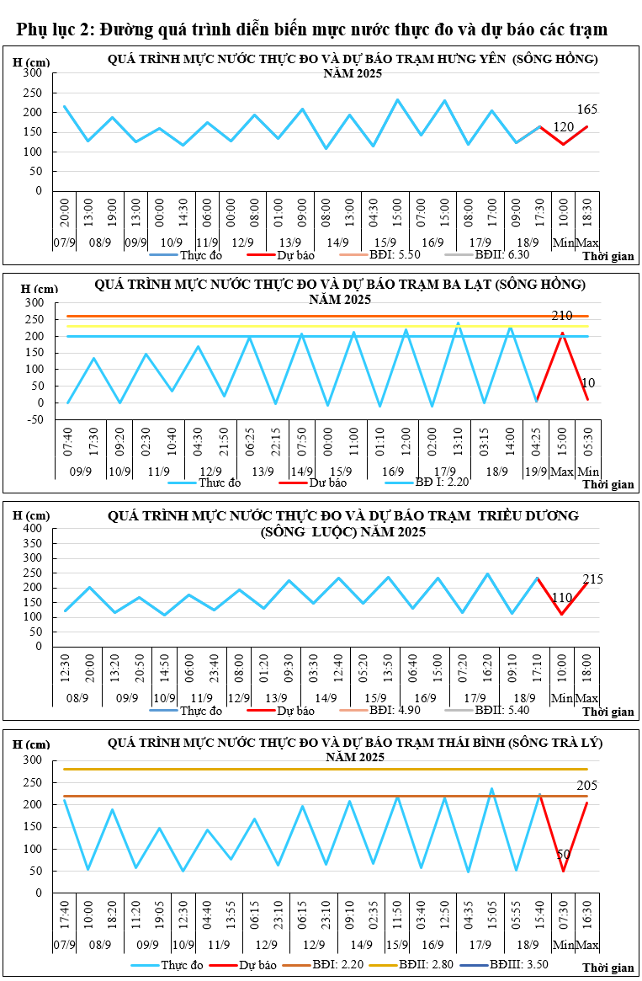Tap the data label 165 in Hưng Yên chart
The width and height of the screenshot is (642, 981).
point(587,109)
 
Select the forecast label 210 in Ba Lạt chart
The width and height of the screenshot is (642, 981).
point(562,316)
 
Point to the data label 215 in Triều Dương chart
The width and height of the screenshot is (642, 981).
point(592,579)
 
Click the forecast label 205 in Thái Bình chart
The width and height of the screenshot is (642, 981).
point(587,786)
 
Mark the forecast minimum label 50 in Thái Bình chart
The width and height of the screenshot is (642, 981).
point(564,855)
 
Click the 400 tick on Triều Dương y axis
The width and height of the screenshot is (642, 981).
point(33,528)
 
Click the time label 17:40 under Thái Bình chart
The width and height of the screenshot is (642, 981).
point(65,917)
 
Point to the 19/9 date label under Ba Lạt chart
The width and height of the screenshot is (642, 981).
point(536,472)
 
